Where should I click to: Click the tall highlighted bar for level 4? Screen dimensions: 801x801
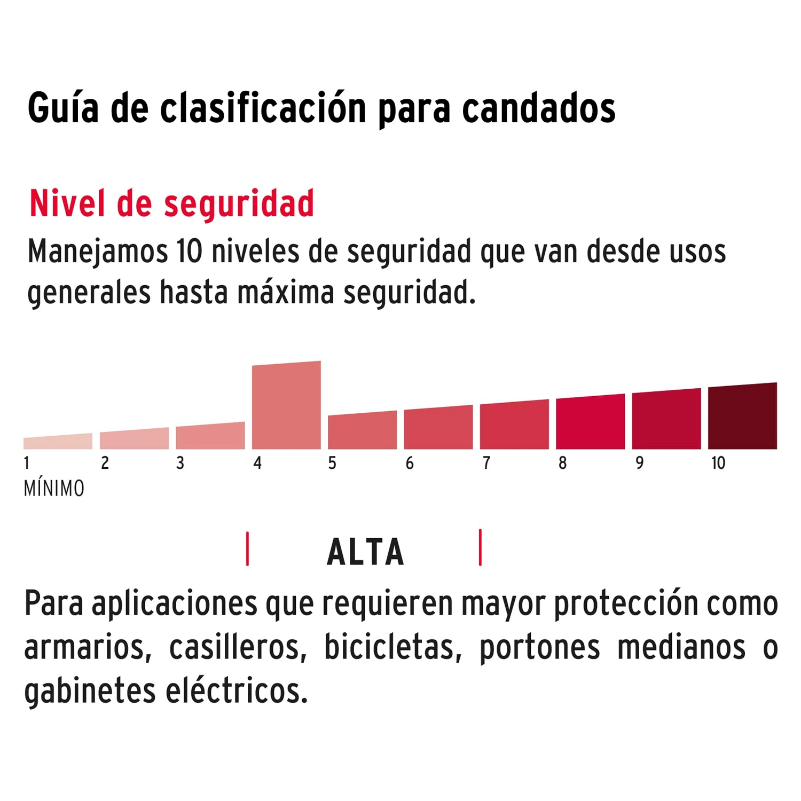[286, 406]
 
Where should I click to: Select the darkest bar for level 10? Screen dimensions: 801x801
[742, 417]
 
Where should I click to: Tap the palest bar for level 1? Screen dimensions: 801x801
[58, 442]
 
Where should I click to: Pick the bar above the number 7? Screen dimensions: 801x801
[514, 425]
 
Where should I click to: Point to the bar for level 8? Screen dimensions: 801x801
[590, 422]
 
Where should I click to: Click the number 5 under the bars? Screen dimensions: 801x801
[332, 463]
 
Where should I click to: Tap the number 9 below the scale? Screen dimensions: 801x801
[639, 463]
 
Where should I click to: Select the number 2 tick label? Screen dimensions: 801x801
[105, 463]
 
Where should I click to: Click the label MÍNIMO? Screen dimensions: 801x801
[54, 489]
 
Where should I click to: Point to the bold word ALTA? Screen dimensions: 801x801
[366, 552]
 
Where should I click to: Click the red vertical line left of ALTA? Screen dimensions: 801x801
[247, 548]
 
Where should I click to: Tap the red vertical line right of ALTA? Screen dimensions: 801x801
[480, 547]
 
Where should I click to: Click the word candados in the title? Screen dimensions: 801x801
[538, 109]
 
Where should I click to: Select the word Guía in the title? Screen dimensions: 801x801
[63, 109]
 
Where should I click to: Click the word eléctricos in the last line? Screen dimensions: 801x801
[237, 692]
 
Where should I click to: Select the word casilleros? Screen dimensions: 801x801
[238, 648]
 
